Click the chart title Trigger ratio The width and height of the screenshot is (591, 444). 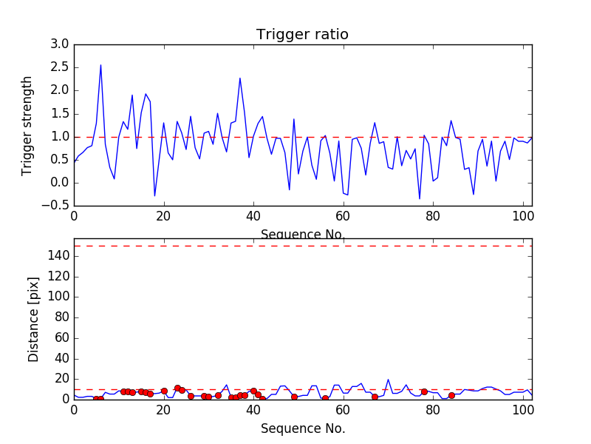(x=302, y=35)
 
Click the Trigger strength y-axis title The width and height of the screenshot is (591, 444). (x=27, y=125)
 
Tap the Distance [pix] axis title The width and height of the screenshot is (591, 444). (x=34, y=318)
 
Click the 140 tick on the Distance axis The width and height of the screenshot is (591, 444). (x=59, y=256)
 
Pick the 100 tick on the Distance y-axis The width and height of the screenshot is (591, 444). (x=59, y=297)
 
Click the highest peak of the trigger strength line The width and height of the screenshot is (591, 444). (x=100, y=65)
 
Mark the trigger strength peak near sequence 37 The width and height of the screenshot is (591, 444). (x=240, y=78)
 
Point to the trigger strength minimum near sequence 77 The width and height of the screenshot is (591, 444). (x=420, y=198)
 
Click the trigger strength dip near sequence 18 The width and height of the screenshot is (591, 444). (x=154, y=196)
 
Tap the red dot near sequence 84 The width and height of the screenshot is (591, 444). (x=451, y=395)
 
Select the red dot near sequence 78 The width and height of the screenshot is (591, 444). (x=424, y=391)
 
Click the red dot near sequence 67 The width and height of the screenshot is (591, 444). (x=375, y=397)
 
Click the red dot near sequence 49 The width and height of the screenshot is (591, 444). (x=294, y=397)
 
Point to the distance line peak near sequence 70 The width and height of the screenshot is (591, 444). (x=389, y=380)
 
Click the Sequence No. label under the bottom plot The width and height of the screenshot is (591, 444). (x=302, y=428)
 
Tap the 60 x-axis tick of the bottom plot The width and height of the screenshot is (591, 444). (x=344, y=410)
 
